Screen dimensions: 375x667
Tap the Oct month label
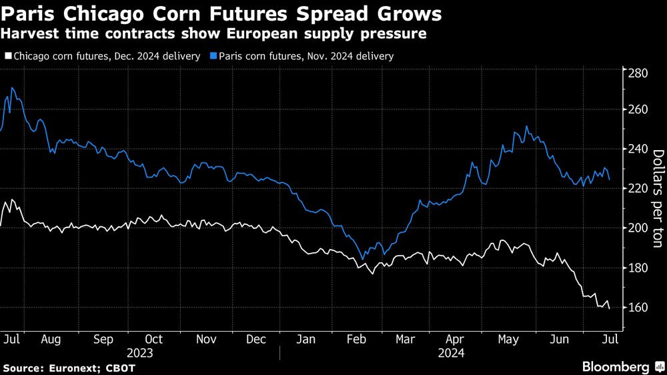pyautogui.click(x=154, y=339)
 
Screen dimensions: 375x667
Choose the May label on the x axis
pyautogui.click(x=509, y=339)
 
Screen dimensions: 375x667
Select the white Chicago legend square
pyautogui.click(x=7, y=57)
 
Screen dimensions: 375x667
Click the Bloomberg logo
pyautogui.click(x=616, y=366)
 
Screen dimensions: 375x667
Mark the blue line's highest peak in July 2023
pyautogui.click(x=12, y=88)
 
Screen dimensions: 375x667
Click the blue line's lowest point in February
pyautogui.click(x=362, y=260)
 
